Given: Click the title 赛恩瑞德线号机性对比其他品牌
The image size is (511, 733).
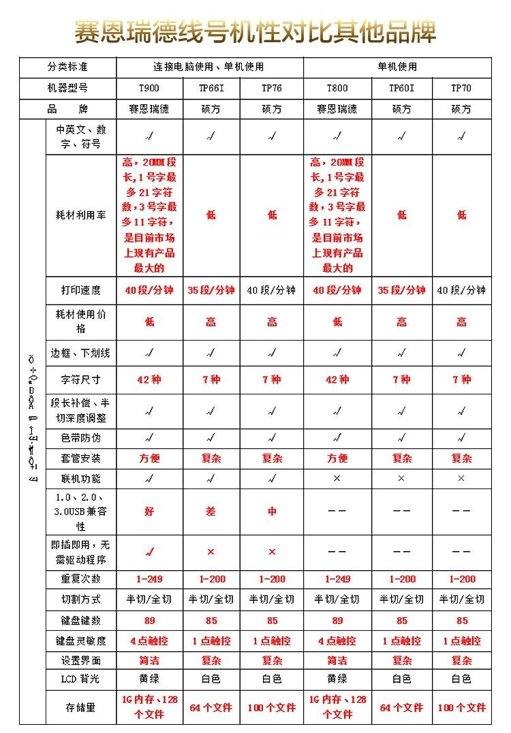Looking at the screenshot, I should tap(255, 31).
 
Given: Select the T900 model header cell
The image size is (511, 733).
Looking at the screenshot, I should tap(149, 89).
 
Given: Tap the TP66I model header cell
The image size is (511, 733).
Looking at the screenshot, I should tap(211, 89).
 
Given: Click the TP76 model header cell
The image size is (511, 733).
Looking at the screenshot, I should tap(271, 89).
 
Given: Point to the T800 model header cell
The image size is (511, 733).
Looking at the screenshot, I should tap(337, 89).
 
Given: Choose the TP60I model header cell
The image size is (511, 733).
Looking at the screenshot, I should tap(401, 89).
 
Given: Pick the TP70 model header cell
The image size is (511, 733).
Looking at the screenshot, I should tap(461, 89).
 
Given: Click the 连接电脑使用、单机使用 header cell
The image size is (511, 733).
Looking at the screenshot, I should tap(208, 67).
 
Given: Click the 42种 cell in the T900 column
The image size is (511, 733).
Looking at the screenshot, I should tap(149, 379).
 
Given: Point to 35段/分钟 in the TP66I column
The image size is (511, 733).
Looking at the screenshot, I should tap(211, 290).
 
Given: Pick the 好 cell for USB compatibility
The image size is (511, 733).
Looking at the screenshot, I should tap(149, 511).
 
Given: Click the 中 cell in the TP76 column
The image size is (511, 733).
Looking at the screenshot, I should tap(271, 511).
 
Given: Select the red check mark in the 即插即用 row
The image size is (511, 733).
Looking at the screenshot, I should tap(149, 551).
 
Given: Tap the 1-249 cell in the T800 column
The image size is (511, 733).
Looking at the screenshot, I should tap(337, 579).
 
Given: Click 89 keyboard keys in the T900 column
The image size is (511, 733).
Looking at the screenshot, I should tap(149, 621).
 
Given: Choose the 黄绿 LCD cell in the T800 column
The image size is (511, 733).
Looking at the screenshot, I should tap(337, 679).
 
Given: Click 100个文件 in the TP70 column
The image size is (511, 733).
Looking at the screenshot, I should tap(461, 708).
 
